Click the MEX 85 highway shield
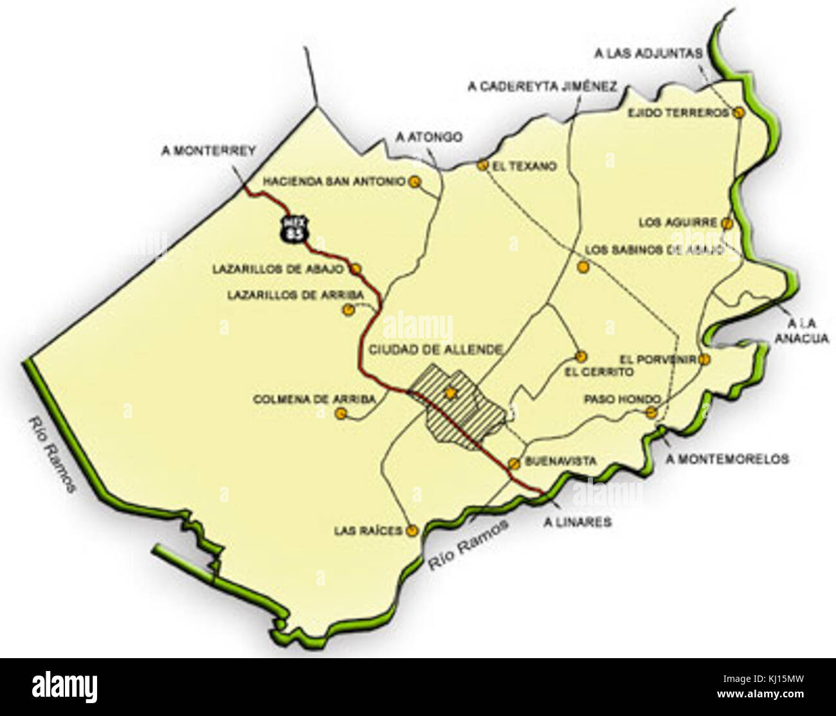coord(296,229)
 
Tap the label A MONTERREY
coord(209,151)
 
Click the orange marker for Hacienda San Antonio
coord(415,182)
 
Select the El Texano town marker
coord(482,165)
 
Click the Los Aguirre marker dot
coord(727,224)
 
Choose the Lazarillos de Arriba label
coord(296,295)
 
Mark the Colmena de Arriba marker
coord(342,415)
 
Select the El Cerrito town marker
coord(581,356)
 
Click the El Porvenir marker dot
coord(705,359)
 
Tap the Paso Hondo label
coord(613,399)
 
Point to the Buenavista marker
coord(514,463)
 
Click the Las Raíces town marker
coord(412,531)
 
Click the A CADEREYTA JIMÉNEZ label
coord(543,87)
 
